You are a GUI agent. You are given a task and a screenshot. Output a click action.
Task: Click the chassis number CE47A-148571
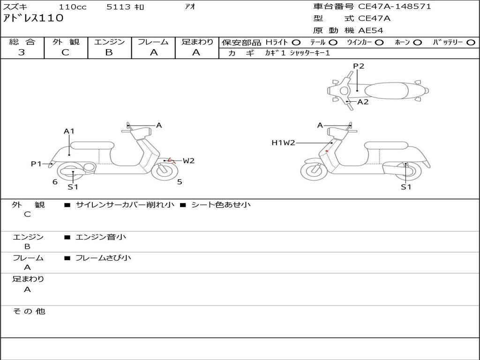[394, 7]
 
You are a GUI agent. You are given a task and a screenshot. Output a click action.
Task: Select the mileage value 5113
[119, 7]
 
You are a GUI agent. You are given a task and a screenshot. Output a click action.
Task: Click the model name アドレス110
[33, 18]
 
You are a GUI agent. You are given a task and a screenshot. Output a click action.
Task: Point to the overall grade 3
[22, 52]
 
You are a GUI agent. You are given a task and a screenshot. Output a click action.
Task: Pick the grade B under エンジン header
[109, 52]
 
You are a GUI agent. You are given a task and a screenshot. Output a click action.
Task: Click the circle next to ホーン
[417, 43]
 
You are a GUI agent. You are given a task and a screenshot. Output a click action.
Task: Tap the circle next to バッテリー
[471, 43]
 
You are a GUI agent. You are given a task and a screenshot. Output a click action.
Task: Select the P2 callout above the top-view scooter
[359, 66]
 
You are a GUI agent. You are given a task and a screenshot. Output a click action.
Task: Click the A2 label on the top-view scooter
[363, 102]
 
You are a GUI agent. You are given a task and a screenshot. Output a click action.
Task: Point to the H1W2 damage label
[283, 142]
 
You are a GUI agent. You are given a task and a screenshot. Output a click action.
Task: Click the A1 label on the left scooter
[69, 131]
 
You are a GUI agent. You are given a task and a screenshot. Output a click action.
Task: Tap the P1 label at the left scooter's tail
[36, 164]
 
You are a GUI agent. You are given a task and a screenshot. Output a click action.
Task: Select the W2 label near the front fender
[188, 161]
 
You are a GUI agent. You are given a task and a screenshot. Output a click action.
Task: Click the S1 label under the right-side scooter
[406, 187]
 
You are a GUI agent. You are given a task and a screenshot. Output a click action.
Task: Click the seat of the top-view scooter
[387, 90]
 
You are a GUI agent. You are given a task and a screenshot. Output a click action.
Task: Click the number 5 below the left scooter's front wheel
[180, 182]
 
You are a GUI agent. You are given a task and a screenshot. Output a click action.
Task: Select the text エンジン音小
[101, 237]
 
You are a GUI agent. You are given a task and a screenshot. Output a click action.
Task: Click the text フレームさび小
[103, 258]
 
